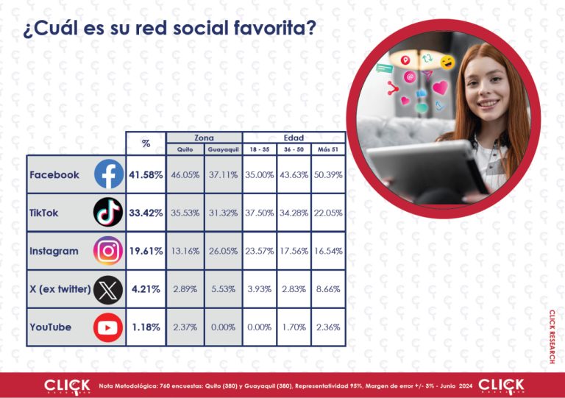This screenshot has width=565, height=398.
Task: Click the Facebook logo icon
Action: pyautogui.click(x=109, y=174)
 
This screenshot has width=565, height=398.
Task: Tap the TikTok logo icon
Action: pyautogui.click(x=108, y=212)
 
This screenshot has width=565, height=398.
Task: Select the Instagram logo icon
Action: pyautogui.click(x=108, y=251)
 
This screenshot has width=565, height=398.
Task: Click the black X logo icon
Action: pyautogui.click(x=108, y=289)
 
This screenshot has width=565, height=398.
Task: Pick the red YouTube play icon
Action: pyautogui.click(x=108, y=327)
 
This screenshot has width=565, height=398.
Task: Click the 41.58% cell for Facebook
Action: pyautogui.click(x=146, y=175)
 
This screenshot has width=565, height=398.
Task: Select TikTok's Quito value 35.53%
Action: pyautogui.click(x=185, y=213)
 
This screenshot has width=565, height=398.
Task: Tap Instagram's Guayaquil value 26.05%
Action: pyautogui.click(x=224, y=251)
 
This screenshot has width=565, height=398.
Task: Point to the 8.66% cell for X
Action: pyautogui.click(x=328, y=289)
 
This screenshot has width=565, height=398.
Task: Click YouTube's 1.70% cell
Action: pyautogui.click(x=294, y=327)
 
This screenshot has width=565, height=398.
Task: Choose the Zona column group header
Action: pyautogui.click(x=204, y=138)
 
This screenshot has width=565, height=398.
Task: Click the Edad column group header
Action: pyautogui.click(x=294, y=138)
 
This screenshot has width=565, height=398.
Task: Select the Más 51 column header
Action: pyautogui.click(x=328, y=149)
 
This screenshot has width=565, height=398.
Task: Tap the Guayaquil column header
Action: pyautogui.click(x=224, y=149)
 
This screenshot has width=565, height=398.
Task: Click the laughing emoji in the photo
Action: pyautogui.click(x=447, y=63)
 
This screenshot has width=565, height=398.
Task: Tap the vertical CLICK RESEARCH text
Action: pyautogui.click(x=552, y=336)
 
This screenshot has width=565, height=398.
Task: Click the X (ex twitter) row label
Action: pyautogui.click(x=60, y=289)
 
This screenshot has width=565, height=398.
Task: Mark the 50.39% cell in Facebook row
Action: pyautogui.click(x=328, y=174)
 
